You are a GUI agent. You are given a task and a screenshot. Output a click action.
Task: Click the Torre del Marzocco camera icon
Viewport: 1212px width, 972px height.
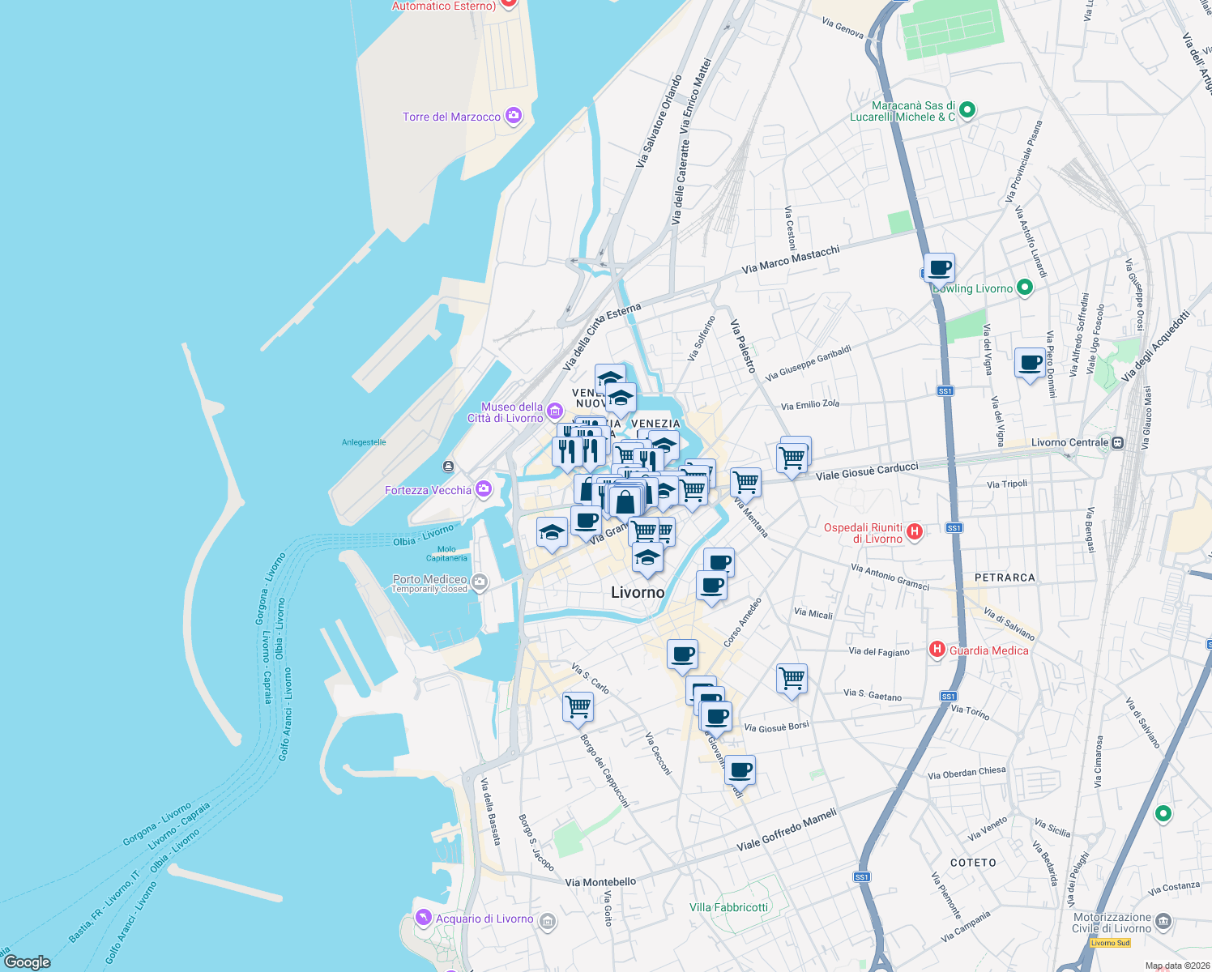coord(514,116)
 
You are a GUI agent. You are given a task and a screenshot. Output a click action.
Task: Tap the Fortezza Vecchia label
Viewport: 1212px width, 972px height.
coord(428,490)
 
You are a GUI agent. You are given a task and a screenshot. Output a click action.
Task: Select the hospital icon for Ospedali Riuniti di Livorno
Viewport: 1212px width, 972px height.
coord(915,531)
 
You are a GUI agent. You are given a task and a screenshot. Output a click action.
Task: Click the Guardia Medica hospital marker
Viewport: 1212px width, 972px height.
coord(937,649)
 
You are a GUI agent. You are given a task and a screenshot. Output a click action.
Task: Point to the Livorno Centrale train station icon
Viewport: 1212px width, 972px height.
coord(1118,442)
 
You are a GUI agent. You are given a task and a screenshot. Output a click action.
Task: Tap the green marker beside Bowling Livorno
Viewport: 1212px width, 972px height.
coord(1025,287)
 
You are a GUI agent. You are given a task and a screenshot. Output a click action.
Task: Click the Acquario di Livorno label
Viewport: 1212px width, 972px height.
coord(484,919)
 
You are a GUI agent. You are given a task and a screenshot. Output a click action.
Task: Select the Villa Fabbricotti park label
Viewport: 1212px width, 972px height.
coord(728,907)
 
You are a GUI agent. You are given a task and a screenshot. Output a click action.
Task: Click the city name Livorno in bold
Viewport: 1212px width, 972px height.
coord(638,592)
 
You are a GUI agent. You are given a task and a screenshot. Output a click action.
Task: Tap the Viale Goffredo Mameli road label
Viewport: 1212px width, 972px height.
coord(786,830)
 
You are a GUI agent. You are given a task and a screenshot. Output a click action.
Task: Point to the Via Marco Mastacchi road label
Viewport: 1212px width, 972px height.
coord(791,259)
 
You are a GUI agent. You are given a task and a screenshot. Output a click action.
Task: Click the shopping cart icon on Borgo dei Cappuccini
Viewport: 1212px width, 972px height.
coord(578,706)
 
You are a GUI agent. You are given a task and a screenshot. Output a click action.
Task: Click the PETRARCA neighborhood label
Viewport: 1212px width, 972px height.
coord(1005,578)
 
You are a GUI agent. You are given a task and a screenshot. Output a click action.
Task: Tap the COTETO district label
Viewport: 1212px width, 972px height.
coord(973,863)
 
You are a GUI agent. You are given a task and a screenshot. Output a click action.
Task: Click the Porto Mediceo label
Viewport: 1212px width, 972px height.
coord(429,579)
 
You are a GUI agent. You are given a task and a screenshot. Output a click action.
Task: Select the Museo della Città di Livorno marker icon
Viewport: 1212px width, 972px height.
coord(554,411)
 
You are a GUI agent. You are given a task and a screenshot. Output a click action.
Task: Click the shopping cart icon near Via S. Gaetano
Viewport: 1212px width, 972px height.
coord(792,677)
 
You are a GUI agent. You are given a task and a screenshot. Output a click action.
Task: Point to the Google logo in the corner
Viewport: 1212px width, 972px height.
coord(28,961)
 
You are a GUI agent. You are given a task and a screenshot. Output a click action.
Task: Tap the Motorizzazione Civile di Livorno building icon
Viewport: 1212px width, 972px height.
coord(1163,921)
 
